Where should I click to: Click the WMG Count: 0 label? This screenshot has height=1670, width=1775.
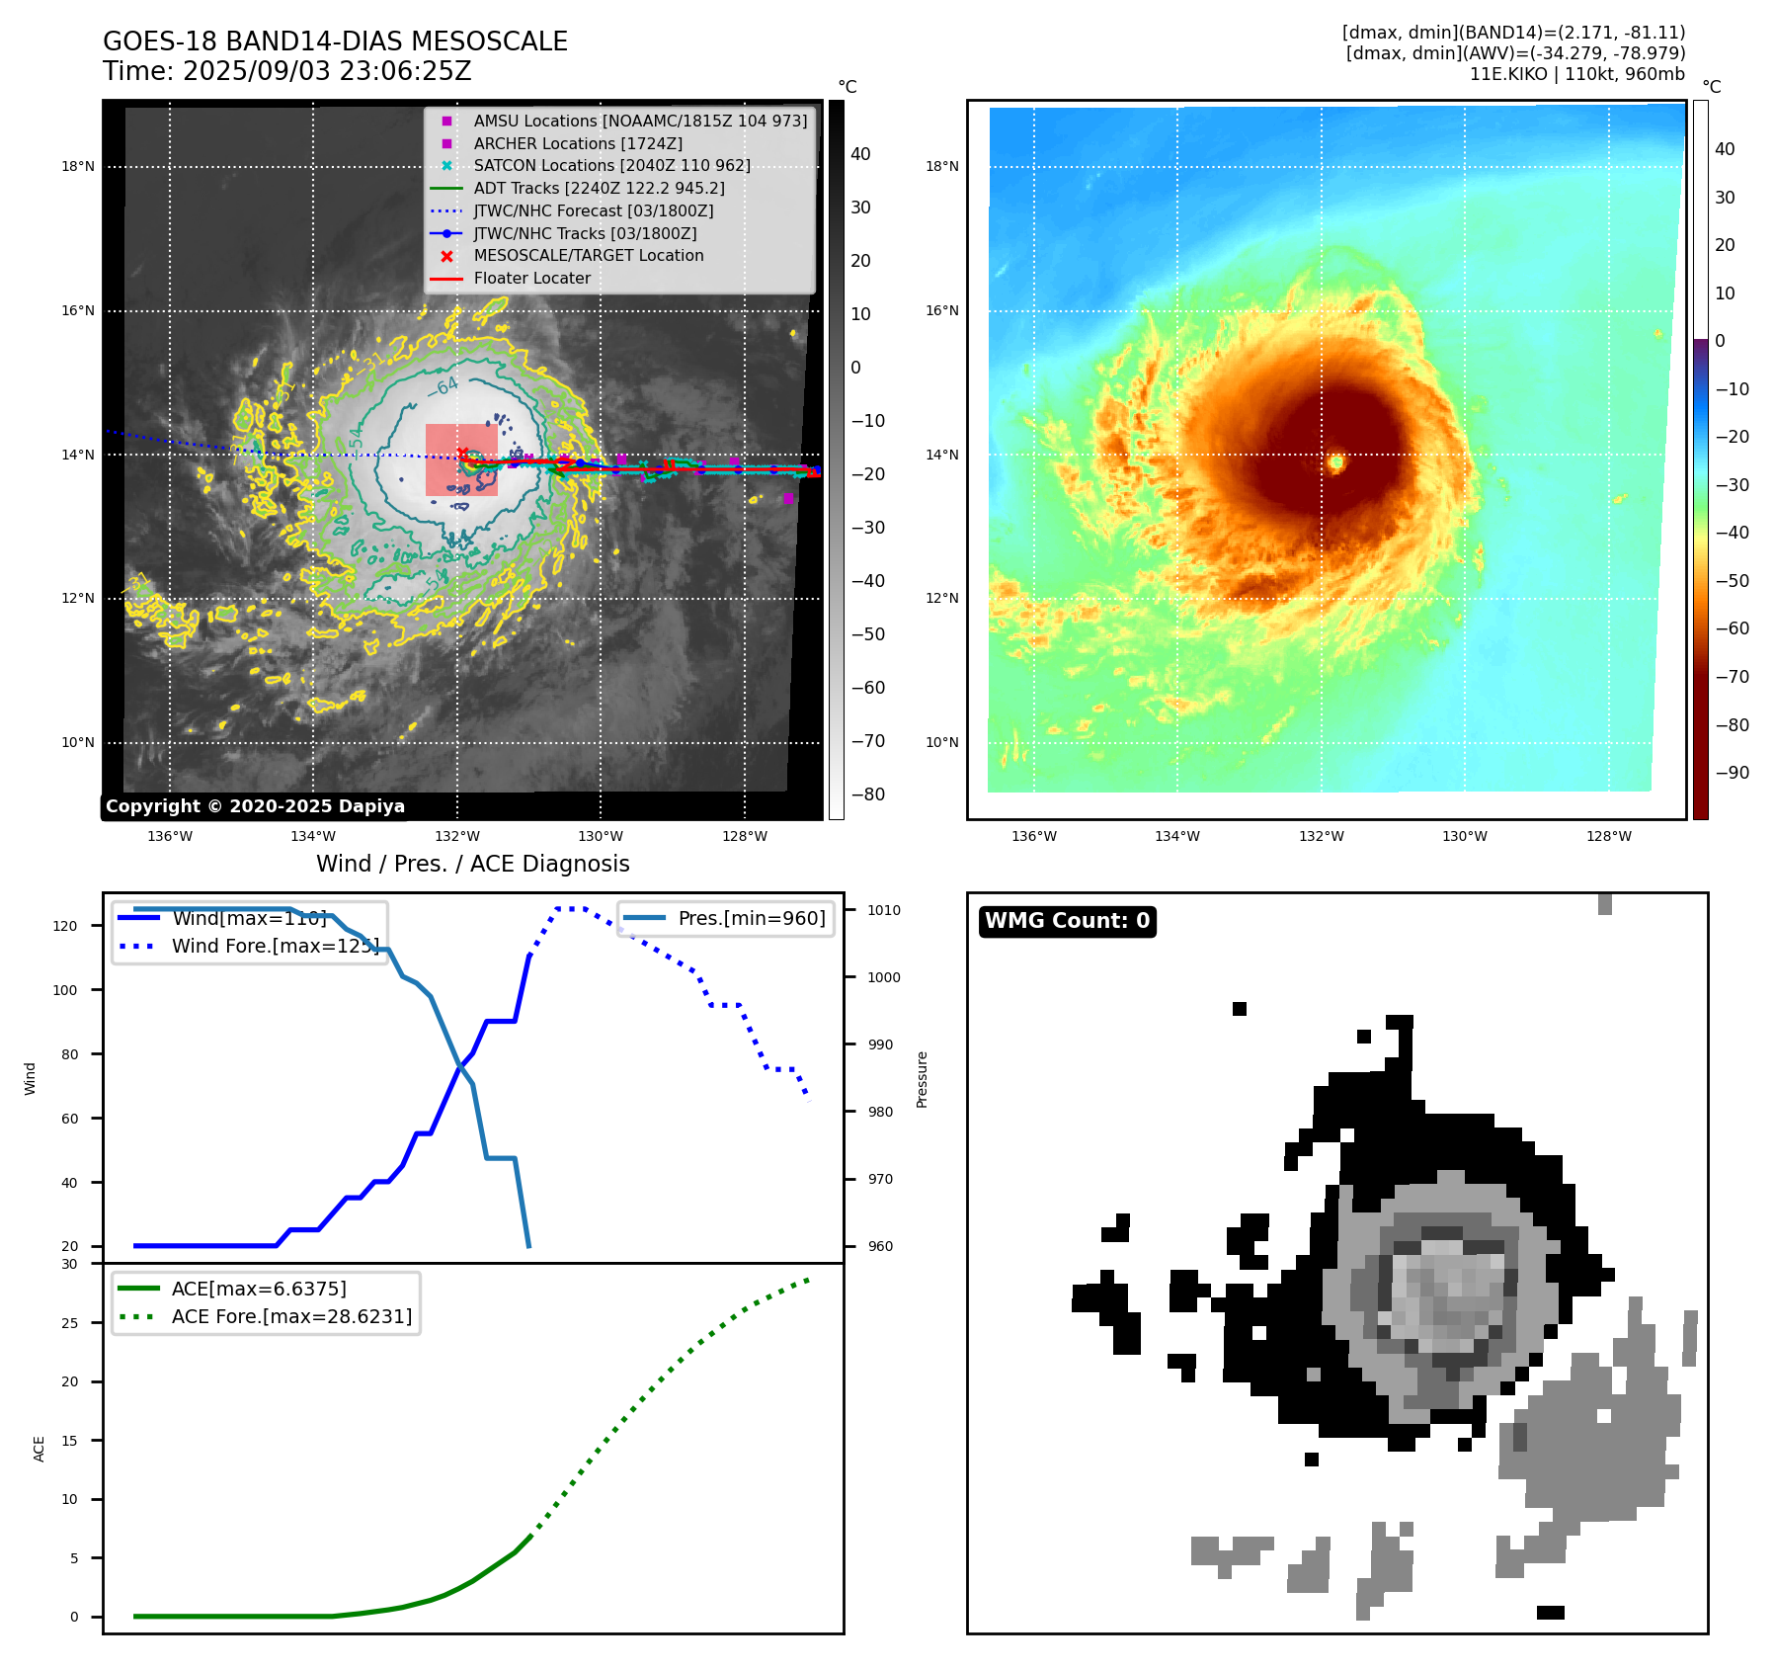[1067, 921]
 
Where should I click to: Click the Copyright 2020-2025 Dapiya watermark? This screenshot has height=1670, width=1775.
[255, 806]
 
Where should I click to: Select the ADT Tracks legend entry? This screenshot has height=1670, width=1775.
[599, 188]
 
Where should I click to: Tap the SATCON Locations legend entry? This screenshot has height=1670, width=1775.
[611, 165]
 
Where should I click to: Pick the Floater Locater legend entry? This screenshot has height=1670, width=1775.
[531, 278]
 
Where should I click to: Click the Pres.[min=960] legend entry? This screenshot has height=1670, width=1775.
[751, 918]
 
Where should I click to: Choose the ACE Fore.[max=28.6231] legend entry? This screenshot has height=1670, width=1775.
[291, 1316]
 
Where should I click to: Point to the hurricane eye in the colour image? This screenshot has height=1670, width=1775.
[1336, 461]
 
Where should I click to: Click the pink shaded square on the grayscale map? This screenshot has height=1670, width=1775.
[461, 459]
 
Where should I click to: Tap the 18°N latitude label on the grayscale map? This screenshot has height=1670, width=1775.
[78, 166]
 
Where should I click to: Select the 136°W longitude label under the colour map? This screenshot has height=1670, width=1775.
[1034, 836]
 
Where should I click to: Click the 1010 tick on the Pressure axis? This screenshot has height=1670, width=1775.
[884, 910]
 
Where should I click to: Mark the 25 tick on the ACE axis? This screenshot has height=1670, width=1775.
[69, 1323]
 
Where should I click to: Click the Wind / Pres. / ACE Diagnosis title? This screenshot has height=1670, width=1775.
[472, 864]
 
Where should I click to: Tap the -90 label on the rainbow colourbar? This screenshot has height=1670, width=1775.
[1732, 773]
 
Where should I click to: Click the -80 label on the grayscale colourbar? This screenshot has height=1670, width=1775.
[868, 794]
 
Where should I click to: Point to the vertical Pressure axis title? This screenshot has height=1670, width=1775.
[922, 1079]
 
